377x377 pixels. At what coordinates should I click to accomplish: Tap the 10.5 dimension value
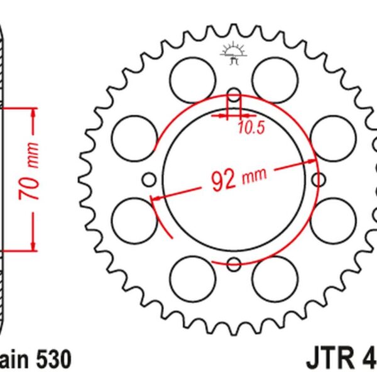(x=251, y=129)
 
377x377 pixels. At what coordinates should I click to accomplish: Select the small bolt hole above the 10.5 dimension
(x=234, y=96)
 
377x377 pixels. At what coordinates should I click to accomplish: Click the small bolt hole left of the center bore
(x=149, y=180)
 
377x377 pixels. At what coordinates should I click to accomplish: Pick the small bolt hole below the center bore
(x=234, y=264)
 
